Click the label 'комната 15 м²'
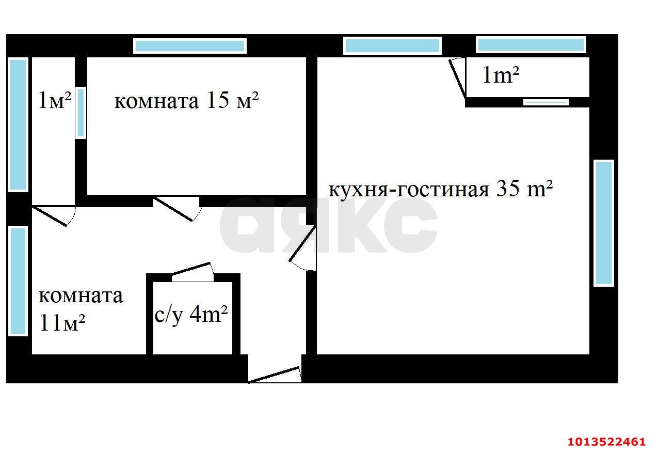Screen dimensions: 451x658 pos(186,101)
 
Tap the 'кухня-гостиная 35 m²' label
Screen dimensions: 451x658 pos(441,189)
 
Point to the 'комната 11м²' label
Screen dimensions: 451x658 pos(81,309)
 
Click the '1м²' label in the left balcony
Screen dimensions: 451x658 pos(55,100)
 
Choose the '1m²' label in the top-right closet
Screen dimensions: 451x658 pos(500,76)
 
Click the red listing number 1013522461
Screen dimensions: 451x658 pos(606,442)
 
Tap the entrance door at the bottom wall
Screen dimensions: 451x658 pos(275,375)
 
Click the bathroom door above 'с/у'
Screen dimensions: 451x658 pos(192,272)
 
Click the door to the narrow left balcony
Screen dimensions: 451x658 pos(54,215)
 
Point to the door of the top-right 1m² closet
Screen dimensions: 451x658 pos(458,77)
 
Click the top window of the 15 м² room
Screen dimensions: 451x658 pos(189,46)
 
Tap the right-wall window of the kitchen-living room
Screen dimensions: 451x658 pos(603,223)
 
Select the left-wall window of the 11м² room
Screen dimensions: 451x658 pos(18,281)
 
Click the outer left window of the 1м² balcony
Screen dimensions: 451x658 pos(18,125)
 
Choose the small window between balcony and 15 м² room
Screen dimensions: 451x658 pos(81,113)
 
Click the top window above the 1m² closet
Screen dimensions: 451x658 pos(531,44)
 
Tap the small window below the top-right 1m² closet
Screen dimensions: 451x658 pos(546,102)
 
